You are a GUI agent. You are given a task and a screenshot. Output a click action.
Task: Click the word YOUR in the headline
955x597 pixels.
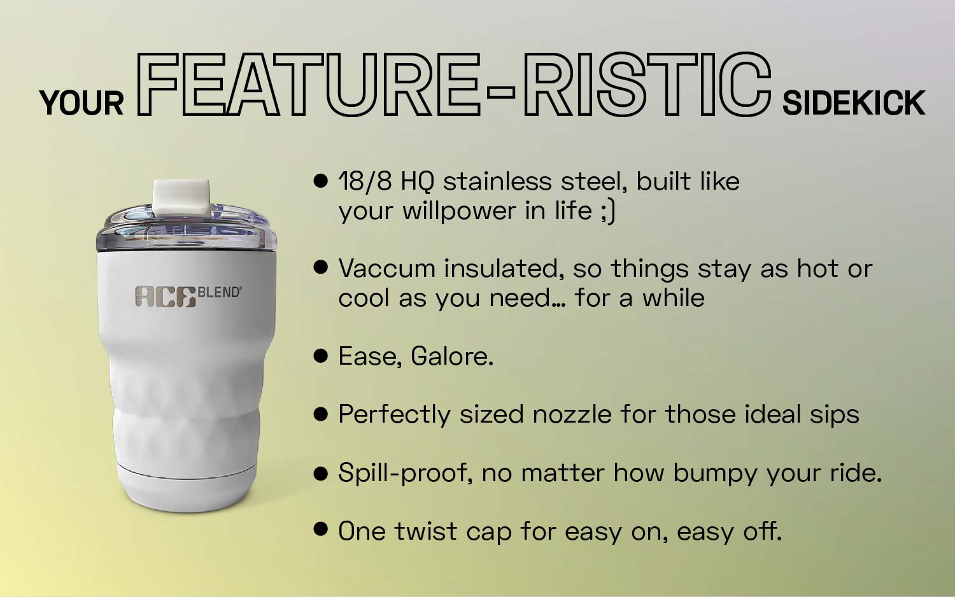click(81, 103)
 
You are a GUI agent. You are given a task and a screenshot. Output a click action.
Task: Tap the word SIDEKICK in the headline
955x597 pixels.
click(853, 103)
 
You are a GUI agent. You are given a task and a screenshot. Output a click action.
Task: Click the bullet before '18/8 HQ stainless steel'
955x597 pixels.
click(321, 181)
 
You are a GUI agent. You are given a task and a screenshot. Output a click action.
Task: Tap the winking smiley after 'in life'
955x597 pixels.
click(607, 211)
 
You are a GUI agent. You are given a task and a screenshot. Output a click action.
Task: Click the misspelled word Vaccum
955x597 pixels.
click(386, 269)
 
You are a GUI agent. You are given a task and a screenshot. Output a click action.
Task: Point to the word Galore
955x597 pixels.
click(451, 356)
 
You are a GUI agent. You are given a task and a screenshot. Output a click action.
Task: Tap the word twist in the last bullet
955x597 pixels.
click(425, 531)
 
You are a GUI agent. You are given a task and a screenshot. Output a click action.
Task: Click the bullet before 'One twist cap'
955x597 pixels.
click(321, 529)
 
